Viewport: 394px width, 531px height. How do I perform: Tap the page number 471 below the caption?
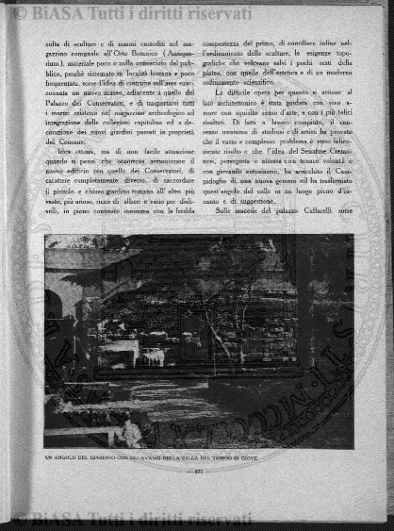197,472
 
